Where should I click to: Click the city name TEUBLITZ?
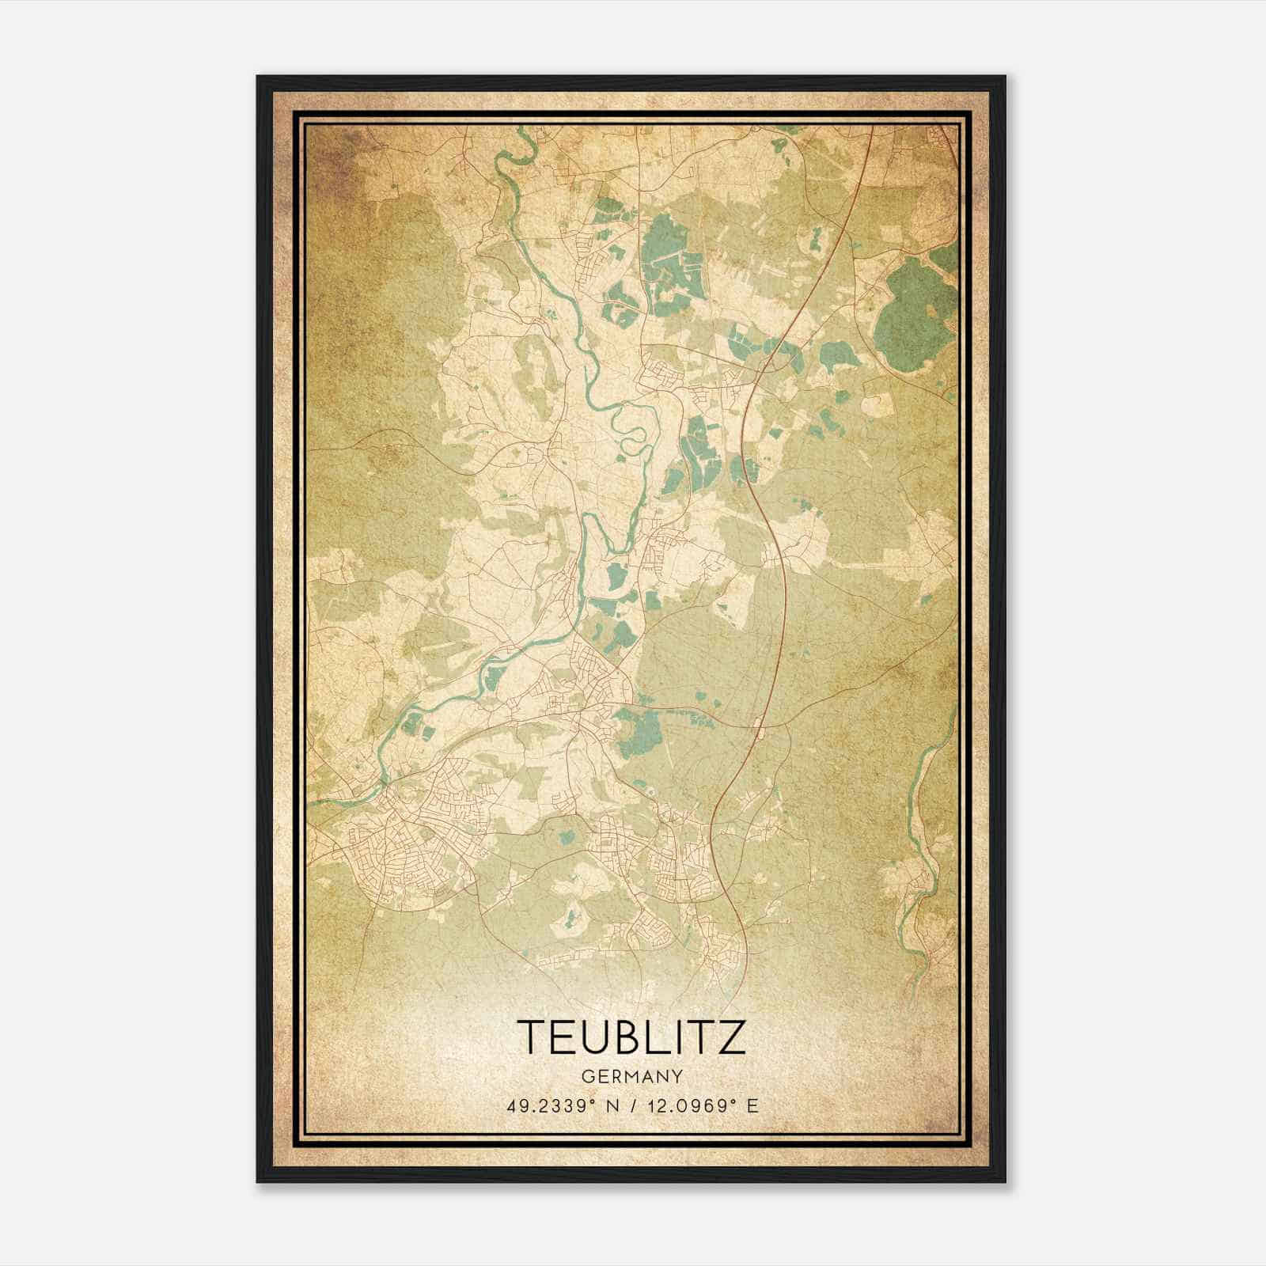[631, 1037]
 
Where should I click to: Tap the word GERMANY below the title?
[631, 1076]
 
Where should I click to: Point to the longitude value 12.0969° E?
[701, 1105]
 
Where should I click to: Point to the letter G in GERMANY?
[586, 1076]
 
